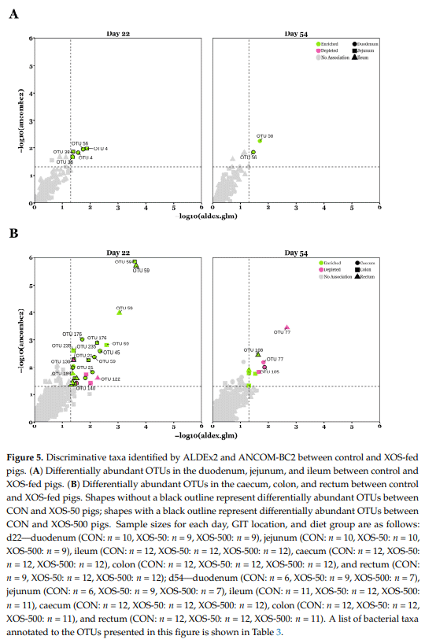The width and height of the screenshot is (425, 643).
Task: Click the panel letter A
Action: coord(13,14)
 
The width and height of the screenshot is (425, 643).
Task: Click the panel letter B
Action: coord(13,234)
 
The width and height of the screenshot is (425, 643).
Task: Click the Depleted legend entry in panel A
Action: coord(329,51)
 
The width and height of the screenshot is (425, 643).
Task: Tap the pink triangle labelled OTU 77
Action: coord(287,327)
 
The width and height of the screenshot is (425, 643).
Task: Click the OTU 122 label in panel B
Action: coord(111,379)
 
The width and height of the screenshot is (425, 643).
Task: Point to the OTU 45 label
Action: coord(112,353)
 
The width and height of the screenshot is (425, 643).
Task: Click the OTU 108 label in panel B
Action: coord(253,349)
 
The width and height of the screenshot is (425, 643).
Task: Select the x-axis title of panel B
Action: coord(207,434)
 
